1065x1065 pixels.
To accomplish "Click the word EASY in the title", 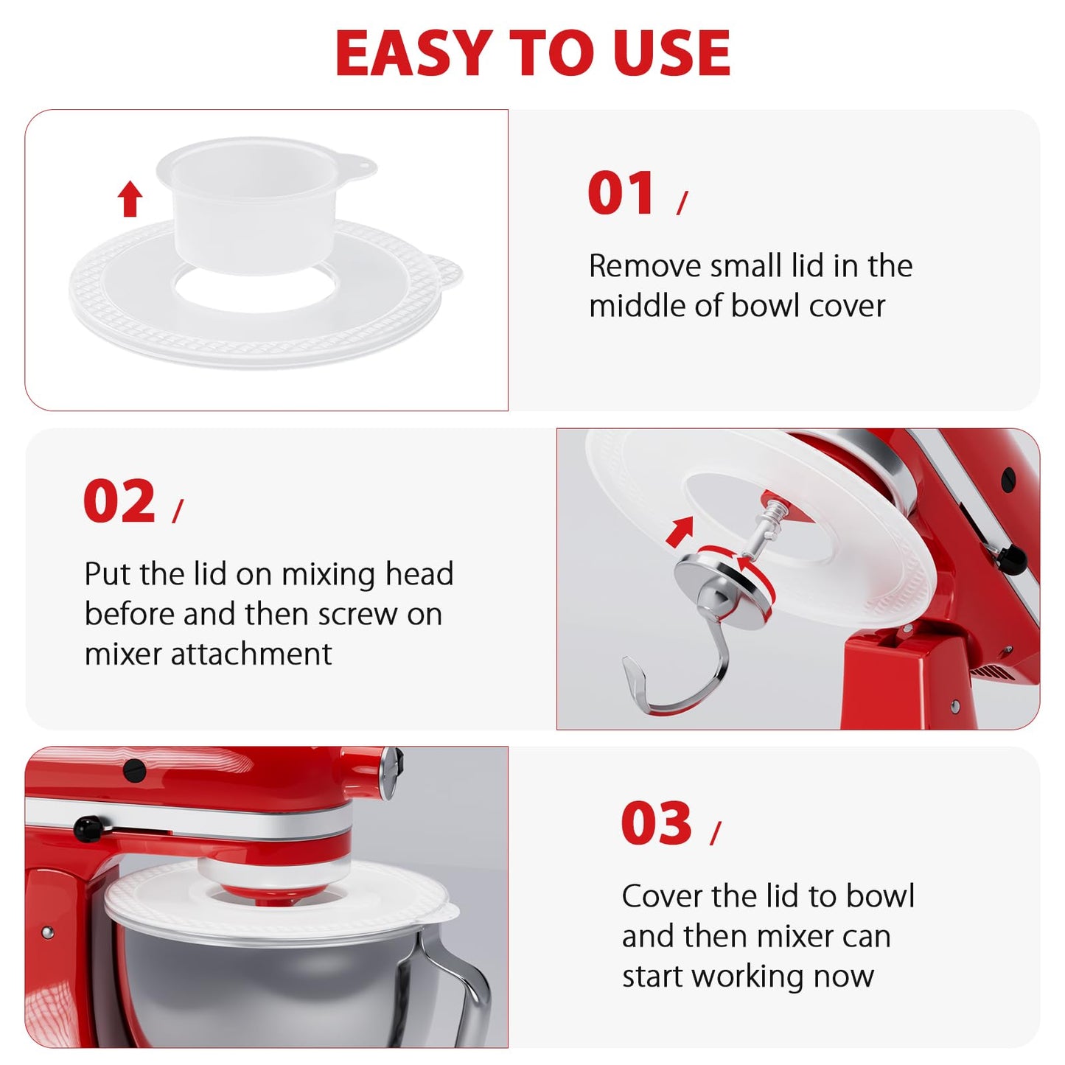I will click(413, 54).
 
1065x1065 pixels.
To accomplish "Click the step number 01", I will click(621, 194).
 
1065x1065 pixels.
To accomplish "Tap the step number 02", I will click(119, 502).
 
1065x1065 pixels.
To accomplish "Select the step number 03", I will click(656, 824).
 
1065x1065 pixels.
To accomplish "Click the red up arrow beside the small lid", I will click(130, 200).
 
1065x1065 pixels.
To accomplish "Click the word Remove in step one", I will click(644, 266).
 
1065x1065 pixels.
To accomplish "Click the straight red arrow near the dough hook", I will click(680, 531).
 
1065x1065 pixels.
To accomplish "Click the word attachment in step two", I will click(251, 654).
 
